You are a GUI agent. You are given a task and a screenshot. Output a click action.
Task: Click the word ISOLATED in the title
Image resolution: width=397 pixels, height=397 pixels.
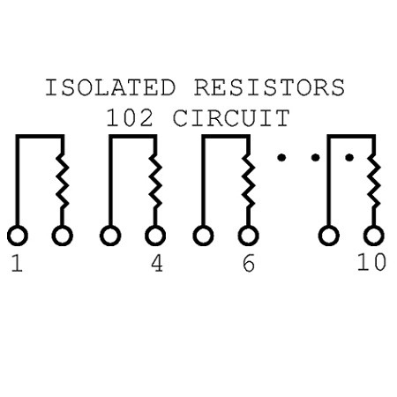tap(110, 87)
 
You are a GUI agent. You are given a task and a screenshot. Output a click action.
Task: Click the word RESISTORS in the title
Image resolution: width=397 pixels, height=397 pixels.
tap(269, 87)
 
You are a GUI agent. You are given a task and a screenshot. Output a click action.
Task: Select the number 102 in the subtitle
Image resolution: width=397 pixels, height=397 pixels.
tap(130, 118)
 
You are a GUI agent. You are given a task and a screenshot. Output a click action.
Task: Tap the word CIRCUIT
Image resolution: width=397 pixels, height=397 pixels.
tap(231, 118)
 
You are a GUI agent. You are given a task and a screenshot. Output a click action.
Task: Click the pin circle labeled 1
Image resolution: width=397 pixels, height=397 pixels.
tap(18, 236)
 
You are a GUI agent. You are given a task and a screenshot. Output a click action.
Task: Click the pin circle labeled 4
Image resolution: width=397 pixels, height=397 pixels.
tap(155, 236)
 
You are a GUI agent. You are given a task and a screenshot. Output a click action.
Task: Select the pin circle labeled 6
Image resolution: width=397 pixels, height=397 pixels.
tap(249, 236)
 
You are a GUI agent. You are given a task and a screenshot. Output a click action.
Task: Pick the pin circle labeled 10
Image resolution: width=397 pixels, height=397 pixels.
tap(374, 236)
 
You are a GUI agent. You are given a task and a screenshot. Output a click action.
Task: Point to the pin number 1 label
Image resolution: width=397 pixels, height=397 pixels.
tap(17, 263)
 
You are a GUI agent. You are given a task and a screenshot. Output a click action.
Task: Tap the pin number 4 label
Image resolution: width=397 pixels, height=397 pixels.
tap(157, 263)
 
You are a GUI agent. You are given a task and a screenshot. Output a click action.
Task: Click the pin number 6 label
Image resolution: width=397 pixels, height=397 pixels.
tap(249, 263)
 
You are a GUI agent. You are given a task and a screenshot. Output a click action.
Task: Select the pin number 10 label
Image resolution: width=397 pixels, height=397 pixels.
tap(371, 262)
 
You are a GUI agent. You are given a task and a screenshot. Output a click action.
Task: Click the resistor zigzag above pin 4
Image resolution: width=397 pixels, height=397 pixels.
tap(155, 181)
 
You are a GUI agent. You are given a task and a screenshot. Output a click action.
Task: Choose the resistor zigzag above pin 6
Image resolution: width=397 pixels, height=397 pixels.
tap(249, 181)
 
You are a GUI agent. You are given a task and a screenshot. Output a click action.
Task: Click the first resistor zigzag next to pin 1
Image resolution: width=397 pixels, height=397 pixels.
tap(63, 181)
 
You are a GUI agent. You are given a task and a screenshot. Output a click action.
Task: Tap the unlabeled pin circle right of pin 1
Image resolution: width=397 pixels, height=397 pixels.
tap(63, 236)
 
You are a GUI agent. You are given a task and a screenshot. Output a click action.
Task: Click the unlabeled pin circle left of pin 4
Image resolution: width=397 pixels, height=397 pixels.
tap(110, 236)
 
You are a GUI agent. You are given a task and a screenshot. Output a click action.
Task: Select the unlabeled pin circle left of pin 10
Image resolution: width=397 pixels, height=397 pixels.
tap(329, 236)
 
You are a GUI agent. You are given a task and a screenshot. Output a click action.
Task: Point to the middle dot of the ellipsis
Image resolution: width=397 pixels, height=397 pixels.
tap(315, 158)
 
